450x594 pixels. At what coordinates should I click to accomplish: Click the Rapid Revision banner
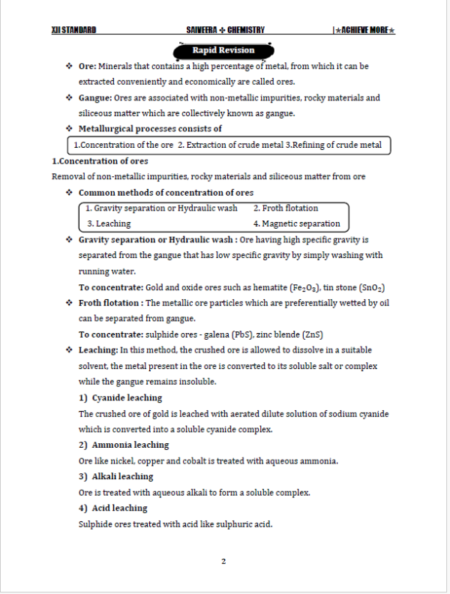[223, 50]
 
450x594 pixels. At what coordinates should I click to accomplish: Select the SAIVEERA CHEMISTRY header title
[225, 30]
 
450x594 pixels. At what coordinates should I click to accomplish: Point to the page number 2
[223, 561]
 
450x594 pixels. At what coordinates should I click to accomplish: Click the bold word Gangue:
[95, 97]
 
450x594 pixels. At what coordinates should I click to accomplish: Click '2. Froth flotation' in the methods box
[286, 208]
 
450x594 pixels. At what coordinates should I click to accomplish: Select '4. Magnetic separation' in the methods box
[296, 223]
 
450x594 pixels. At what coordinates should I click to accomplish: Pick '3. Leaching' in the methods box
[109, 223]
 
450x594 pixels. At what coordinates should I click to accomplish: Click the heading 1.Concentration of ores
[100, 161]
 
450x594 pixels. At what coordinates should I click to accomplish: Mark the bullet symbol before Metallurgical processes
[69, 129]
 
